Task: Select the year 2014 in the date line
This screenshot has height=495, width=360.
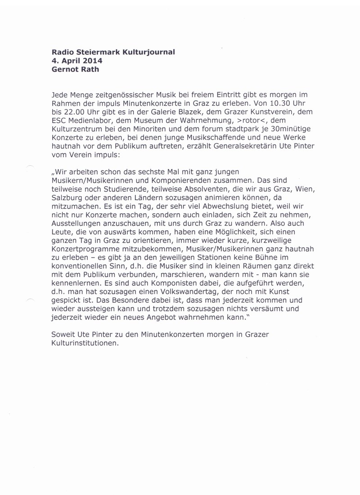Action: click(x=93, y=60)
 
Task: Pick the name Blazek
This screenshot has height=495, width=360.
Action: click(x=182, y=112)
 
